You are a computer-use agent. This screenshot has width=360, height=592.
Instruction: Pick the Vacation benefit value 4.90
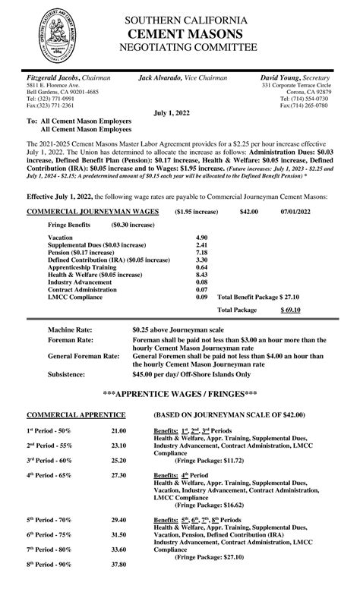click(202, 238)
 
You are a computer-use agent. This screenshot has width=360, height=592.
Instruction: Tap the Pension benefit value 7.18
click(202, 252)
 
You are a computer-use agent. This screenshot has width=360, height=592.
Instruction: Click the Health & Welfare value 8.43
click(202, 275)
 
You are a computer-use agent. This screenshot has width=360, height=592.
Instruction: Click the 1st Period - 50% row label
click(49, 431)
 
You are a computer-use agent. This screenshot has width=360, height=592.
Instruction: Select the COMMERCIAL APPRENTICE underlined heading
click(76, 415)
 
